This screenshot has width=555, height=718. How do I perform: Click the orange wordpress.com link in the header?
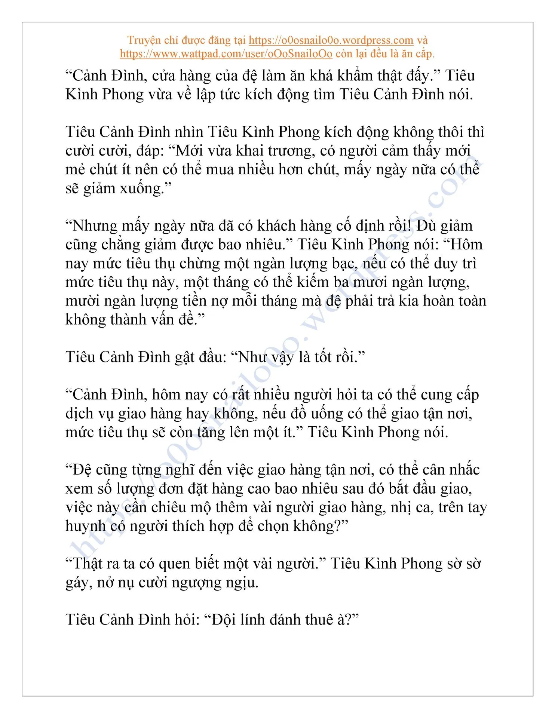tap(331, 40)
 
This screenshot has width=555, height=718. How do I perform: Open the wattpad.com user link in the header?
tap(226, 54)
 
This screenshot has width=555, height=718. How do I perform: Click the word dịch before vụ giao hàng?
tap(79, 414)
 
